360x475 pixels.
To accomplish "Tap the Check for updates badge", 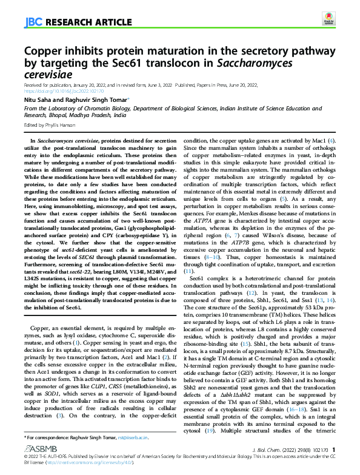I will click(x=328, y=20).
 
